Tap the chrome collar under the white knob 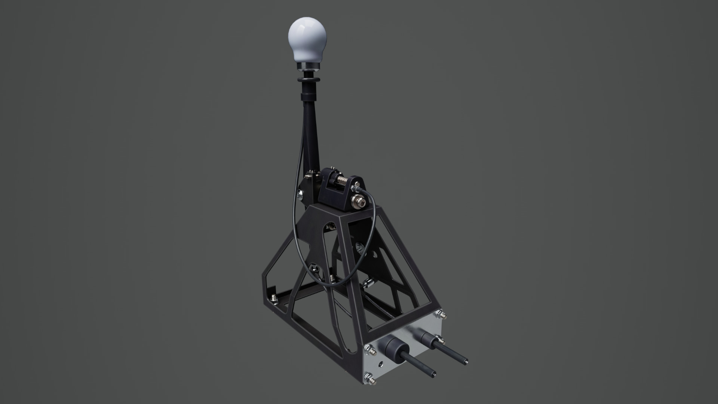click(x=309, y=67)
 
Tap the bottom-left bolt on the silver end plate click(x=370, y=379)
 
